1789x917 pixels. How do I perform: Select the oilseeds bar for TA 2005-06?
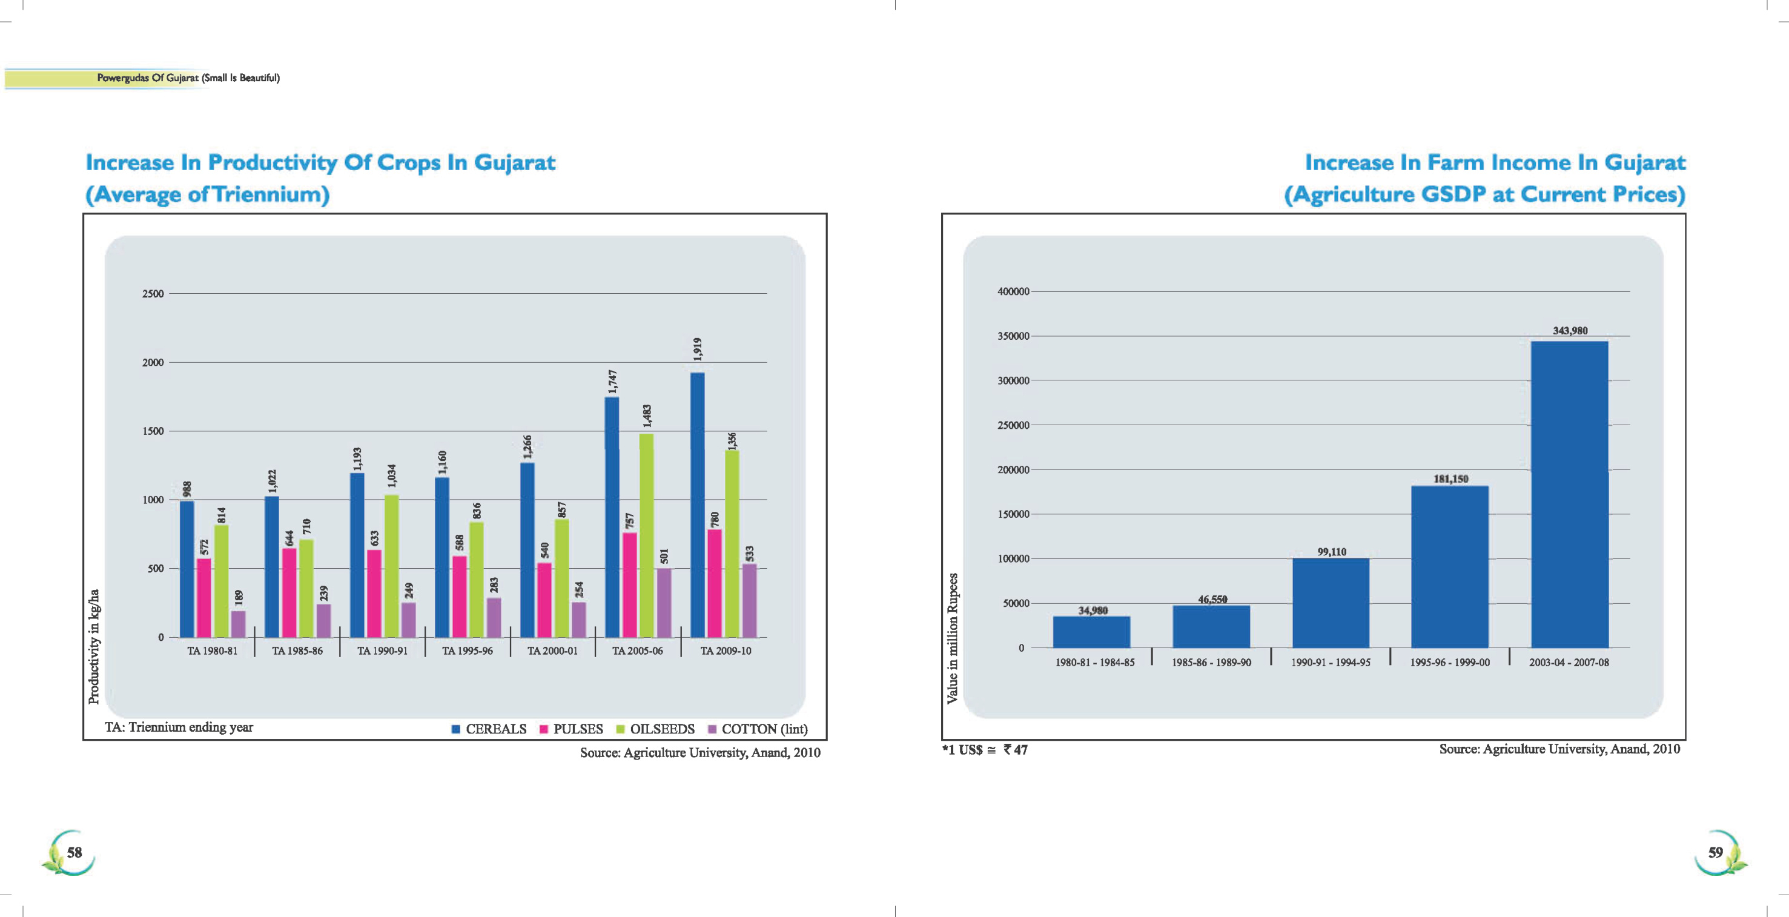pyautogui.click(x=646, y=535)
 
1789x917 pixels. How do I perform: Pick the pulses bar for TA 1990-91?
pyautogui.click(x=374, y=594)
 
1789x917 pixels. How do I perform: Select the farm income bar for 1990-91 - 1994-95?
pyautogui.click(x=1331, y=603)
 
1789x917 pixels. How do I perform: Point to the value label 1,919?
pyautogui.click(x=698, y=349)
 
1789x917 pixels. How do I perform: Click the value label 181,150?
pyautogui.click(x=1451, y=478)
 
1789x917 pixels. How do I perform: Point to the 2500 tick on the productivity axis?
pyautogui.click(x=153, y=294)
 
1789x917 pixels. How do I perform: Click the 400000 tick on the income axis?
pyautogui.click(x=1013, y=292)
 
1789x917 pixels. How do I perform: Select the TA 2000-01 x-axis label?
pyautogui.click(x=552, y=651)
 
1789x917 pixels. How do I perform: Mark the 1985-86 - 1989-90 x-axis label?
pyautogui.click(x=1211, y=663)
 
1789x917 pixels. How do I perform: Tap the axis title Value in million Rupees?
pyautogui.click(x=952, y=638)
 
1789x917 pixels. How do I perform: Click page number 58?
pyautogui.click(x=74, y=852)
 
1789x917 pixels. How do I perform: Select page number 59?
pyautogui.click(x=1715, y=852)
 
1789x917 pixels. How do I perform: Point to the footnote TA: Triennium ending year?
pyautogui.click(x=179, y=727)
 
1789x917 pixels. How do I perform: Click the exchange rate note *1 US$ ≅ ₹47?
pyautogui.click(x=985, y=750)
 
